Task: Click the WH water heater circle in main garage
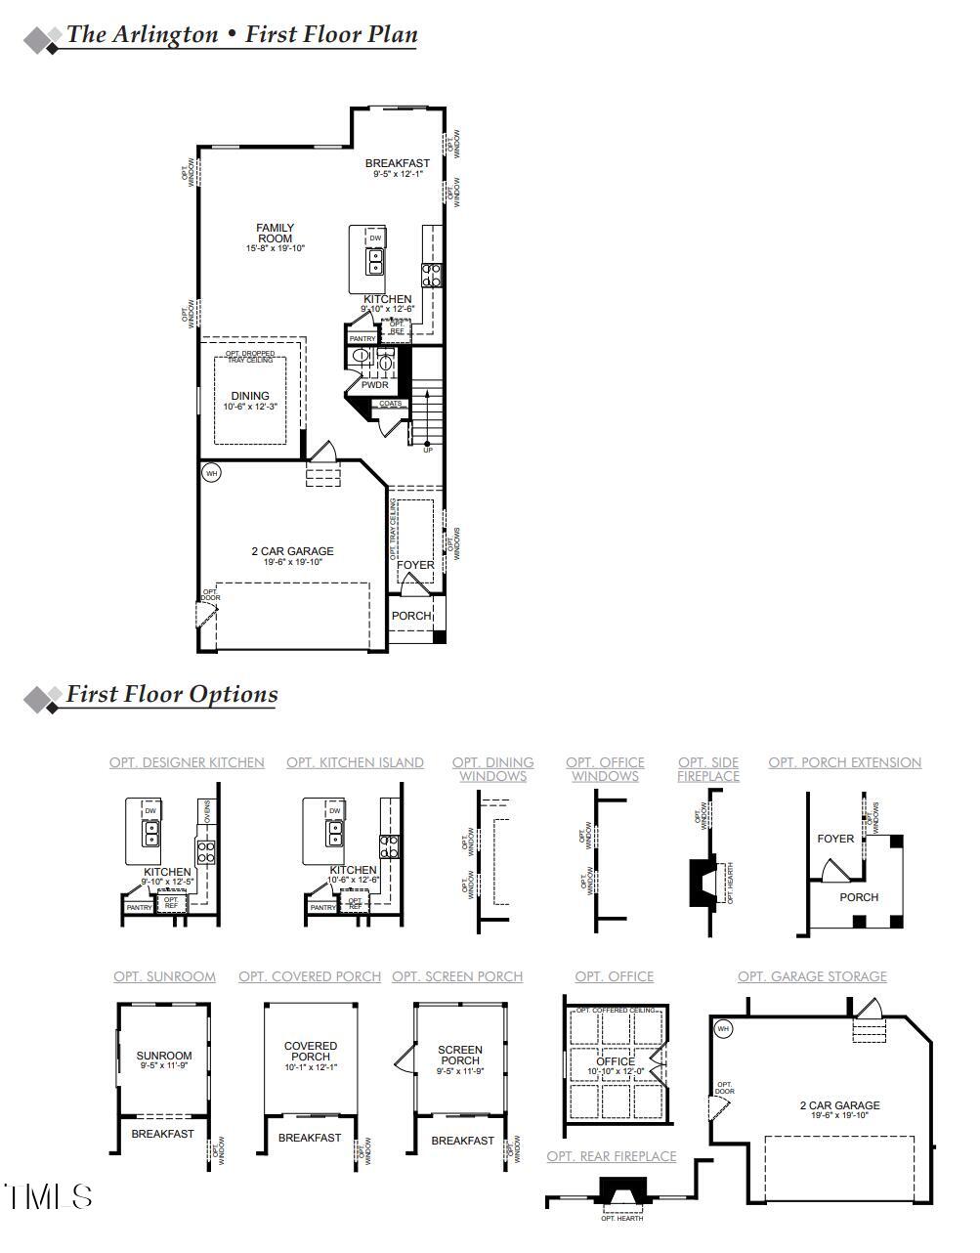point(212,473)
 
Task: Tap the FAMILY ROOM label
point(276,234)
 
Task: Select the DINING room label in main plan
point(250,396)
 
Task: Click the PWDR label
point(375,385)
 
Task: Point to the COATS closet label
point(390,404)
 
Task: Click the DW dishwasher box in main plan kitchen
point(375,238)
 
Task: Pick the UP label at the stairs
point(427,450)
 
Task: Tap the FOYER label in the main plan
point(415,565)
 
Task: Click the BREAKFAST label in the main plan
point(398,163)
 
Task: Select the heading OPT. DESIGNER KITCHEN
point(187,762)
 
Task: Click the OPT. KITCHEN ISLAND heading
point(355,762)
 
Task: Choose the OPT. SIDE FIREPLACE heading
point(708,769)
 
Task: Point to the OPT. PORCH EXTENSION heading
point(844,762)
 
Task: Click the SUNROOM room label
point(164,1056)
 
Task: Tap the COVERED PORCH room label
point(311,1052)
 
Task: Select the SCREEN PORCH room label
point(460,1055)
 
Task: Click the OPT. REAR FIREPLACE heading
point(612,1156)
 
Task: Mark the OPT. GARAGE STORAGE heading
point(812,976)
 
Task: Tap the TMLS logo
point(49,1196)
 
